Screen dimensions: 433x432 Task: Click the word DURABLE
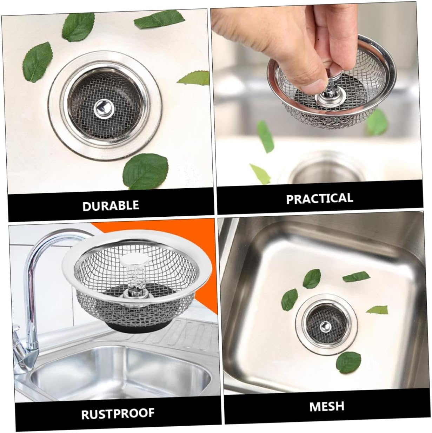111,205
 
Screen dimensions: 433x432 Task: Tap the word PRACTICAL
319,198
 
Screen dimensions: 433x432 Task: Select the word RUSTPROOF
118,413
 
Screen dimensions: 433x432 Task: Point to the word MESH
326,406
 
